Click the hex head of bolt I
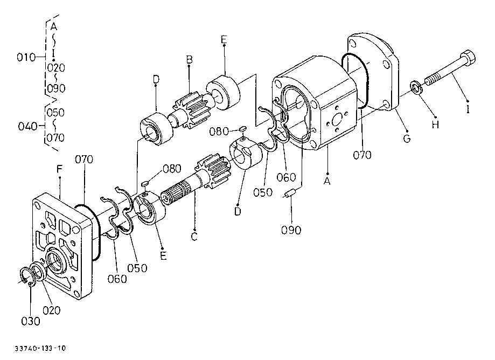[x=468, y=58]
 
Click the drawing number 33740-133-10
[x=40, y=349]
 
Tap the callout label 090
[x=291, y=230]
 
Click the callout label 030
[x=30, y=321]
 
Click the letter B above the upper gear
[x=189, y=59]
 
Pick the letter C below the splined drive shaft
[x=194, y=237]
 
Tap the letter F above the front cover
[x=60, y=169]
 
